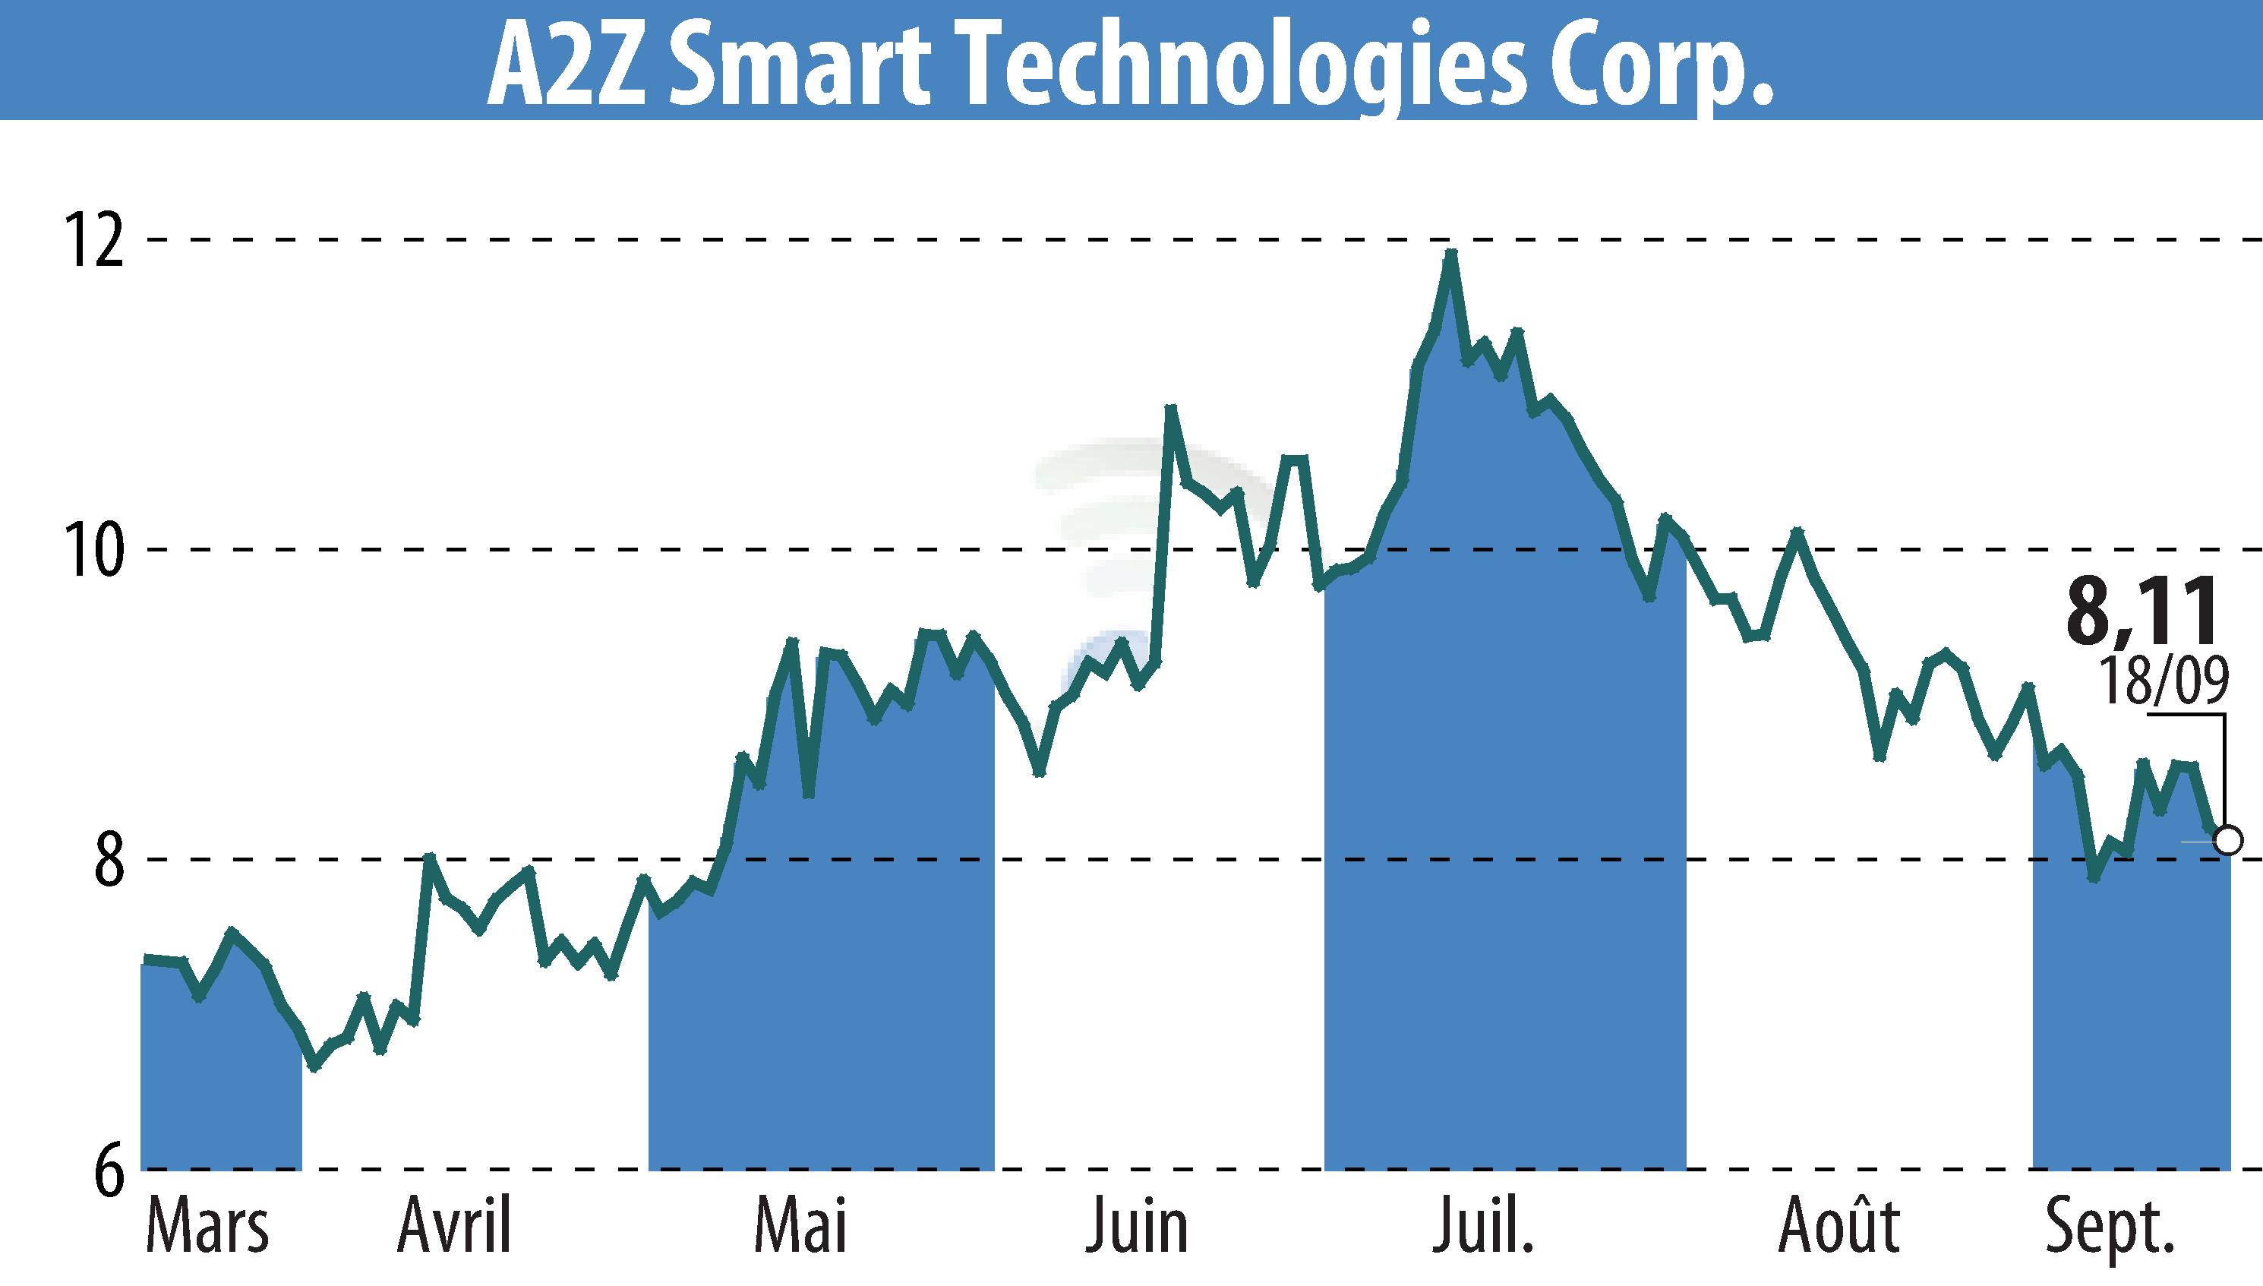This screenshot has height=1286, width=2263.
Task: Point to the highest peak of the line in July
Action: coord(1450,254)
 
